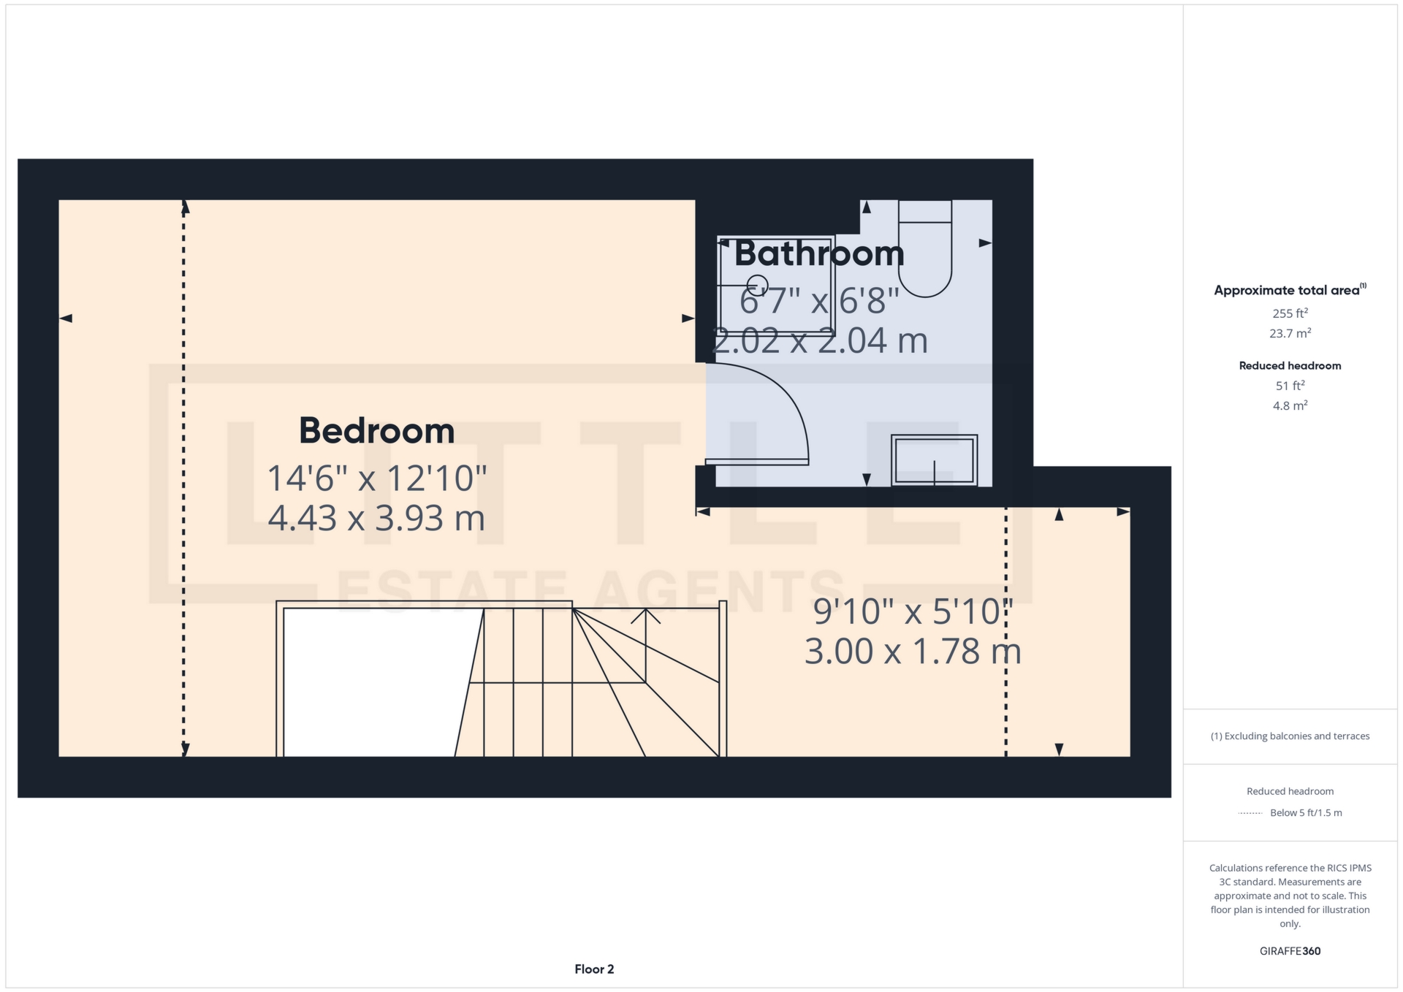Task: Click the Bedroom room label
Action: click(376, 430)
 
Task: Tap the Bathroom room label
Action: click(819, 253)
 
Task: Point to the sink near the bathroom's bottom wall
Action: click(934, 460)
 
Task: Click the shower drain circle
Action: click(758, 283)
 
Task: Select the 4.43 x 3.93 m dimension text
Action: click(376, 518)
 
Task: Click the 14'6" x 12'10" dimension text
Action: click(376, 478)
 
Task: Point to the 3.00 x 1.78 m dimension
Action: click(913, 651)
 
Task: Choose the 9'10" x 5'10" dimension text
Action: click(913, 611)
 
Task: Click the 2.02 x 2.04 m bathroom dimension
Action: click(819, 340)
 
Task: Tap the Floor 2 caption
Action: click(594, 969)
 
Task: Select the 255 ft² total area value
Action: click(1290, 313)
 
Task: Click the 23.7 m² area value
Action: click(1290, 333)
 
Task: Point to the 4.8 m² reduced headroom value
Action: click(1290, 405)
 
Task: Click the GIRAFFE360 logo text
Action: click(1290, 951)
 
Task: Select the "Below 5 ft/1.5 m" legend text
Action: click(1306, 812)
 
